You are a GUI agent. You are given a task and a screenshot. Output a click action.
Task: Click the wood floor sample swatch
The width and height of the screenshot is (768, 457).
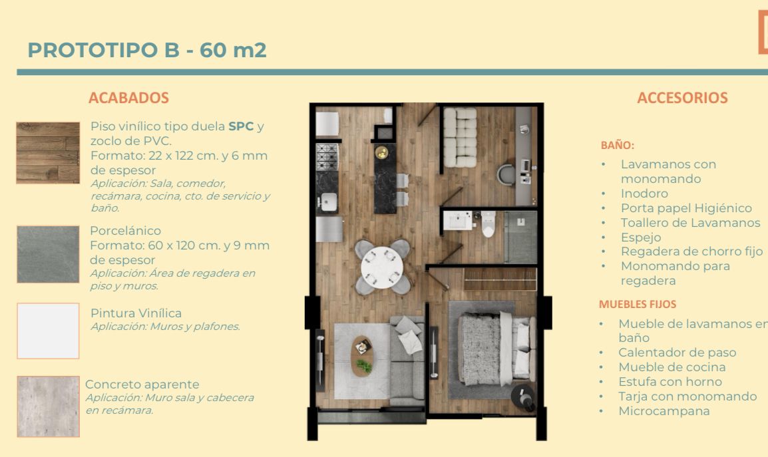tap(48, 153)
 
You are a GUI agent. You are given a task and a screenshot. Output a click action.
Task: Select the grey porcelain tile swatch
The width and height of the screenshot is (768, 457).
tap(48, 254)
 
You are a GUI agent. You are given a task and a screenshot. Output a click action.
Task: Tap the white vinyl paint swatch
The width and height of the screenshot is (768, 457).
tap(48, 331)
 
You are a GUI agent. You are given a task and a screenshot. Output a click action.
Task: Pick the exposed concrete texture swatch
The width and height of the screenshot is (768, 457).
tap(48, 406)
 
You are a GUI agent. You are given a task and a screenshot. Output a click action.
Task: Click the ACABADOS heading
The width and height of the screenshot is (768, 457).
tap(129, 98)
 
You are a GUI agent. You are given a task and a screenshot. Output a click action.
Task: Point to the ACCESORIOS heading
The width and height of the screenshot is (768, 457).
tap(682, 98)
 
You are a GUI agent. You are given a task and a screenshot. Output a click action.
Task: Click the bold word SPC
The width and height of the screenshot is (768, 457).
tap(241, 126)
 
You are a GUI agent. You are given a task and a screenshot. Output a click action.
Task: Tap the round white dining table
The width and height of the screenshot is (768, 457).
tap(382, 267)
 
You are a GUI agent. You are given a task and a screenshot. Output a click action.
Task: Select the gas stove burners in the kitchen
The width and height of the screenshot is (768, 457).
tap(327, 157)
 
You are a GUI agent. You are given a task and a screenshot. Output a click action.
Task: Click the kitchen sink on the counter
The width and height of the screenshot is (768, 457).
tap(328, 202)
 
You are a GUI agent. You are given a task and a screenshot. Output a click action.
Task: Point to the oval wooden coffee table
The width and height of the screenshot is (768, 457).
tap(363, 356)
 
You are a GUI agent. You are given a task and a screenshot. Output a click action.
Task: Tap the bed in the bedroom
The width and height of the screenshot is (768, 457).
tap(496, 349)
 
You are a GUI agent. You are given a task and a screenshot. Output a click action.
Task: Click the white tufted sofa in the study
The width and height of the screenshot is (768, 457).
tap(460, 138)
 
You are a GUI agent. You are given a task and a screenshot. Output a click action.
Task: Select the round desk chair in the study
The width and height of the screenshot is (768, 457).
tap(506, 175)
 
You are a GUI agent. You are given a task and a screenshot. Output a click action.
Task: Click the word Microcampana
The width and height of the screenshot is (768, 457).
tap(664, 411)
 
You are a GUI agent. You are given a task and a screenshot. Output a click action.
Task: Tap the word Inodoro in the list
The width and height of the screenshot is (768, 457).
tap(645, 194)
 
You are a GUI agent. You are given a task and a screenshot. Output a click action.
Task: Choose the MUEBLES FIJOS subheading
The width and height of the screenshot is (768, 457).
tap(637, 304)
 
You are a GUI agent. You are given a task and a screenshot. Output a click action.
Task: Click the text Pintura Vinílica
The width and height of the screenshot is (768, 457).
tap(136, 313)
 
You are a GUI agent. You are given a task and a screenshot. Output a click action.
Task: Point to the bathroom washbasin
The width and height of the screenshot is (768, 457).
tap(457, 220)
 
